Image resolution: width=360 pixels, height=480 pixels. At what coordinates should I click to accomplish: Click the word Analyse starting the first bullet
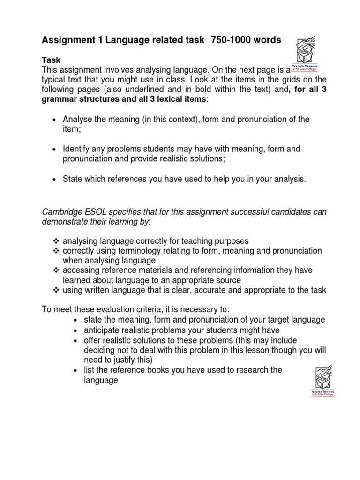pos(78,120)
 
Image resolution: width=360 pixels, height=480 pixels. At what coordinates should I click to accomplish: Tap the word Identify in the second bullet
pos(78,149)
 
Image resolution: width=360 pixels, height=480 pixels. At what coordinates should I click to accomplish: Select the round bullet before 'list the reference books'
pos(75,370)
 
